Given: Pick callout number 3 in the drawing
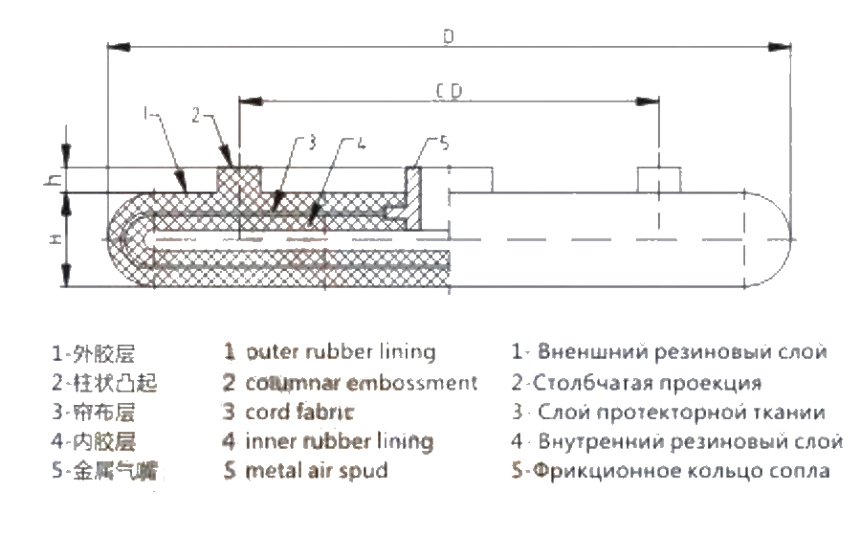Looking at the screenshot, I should (311, 144).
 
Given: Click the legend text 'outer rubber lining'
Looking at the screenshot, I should (340, 351).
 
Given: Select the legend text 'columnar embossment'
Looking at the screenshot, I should (361, 382).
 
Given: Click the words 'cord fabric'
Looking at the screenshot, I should (300, 412).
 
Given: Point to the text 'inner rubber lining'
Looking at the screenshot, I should (339, 441).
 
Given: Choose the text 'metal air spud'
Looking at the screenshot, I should (317, 471).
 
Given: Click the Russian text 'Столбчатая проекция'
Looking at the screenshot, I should (642, 382).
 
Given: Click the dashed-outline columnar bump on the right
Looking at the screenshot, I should (660, 179).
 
